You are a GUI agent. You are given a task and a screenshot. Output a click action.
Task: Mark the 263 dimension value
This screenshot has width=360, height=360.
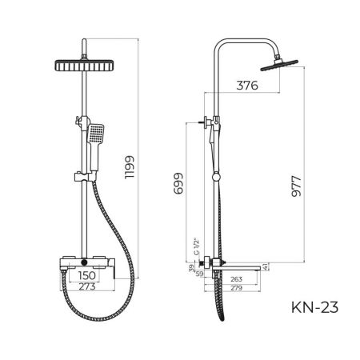pyautogui.click(x=236, y=278)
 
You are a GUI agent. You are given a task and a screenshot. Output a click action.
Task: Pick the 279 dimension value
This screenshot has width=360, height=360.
pyautogui.click(x=236, y=288)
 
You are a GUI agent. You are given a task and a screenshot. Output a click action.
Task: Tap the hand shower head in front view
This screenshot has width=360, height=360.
pyautogui.click(x=97, y=134)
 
